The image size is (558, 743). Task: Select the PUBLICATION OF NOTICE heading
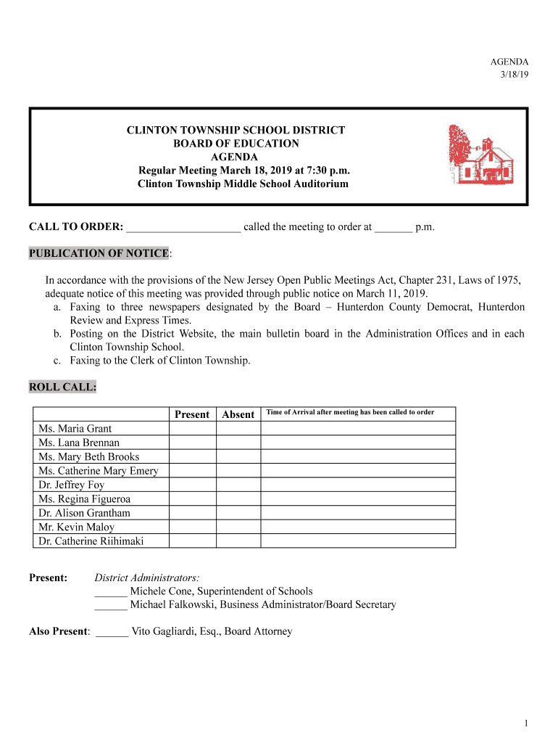99,253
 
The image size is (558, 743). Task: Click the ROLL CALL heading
62,387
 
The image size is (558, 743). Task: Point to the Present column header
192,414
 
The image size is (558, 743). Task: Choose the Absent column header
238,414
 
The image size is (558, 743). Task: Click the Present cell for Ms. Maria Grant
192,428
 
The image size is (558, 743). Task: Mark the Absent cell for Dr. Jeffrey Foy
238,485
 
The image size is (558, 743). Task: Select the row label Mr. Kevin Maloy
76,528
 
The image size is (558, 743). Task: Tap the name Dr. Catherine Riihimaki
91,541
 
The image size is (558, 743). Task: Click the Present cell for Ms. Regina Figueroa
192,499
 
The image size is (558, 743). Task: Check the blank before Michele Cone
111,592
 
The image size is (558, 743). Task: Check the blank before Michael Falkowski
111,605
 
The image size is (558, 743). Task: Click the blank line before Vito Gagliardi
112,632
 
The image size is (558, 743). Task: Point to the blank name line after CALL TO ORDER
183,228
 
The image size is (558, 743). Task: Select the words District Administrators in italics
147,578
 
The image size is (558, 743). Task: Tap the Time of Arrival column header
350,412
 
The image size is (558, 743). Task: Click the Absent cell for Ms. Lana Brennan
238,443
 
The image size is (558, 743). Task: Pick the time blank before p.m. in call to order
393,228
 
